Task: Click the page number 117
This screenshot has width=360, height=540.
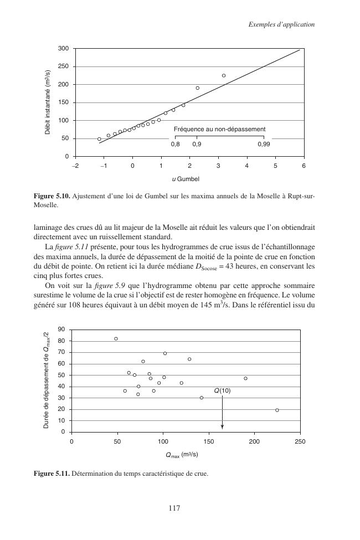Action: [180, 508]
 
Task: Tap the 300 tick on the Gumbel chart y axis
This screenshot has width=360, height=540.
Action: [64, 49]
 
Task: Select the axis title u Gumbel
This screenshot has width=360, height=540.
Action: [185, 179]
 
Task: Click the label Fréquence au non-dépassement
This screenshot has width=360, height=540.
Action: [219, 129]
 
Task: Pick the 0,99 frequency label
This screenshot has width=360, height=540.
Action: [264, 144]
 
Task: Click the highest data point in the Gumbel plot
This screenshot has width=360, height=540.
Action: [224, 75]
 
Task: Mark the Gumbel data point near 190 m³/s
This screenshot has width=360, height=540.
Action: [197, 88]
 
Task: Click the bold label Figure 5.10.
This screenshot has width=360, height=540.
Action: [51, 196]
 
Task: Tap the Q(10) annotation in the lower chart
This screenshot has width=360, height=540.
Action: [222, 390]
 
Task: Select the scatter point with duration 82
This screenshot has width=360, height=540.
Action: [116, 338]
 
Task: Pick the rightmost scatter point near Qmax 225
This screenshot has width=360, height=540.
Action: [277, 410]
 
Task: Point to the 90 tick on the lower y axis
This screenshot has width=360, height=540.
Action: [61, 330]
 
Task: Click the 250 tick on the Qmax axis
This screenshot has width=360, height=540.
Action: [300, 441]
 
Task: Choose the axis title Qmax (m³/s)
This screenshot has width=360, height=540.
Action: [182, 455]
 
